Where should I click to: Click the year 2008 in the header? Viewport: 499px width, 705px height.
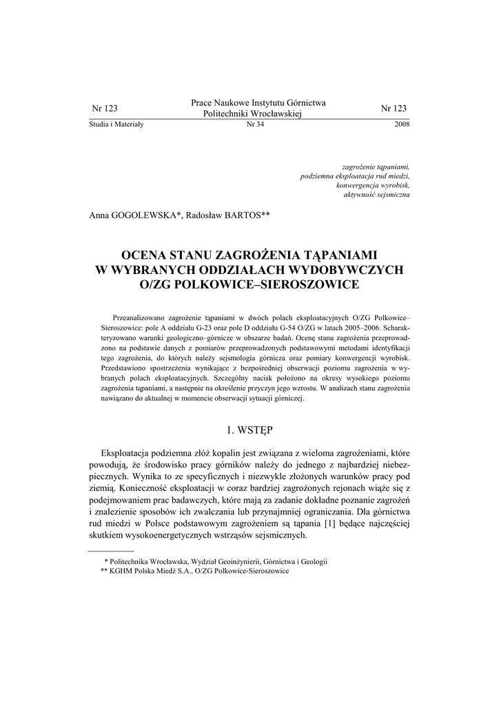[402, 125]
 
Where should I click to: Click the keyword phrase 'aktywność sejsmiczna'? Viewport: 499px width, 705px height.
[376, 196]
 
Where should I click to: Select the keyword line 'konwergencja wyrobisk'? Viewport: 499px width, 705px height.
[373, 186]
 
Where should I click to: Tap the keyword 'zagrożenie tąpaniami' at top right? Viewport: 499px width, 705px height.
[376, 167]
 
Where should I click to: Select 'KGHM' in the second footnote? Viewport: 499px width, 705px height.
[121, 571]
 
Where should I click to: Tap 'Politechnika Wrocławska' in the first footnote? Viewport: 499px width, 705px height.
[147, 561]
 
